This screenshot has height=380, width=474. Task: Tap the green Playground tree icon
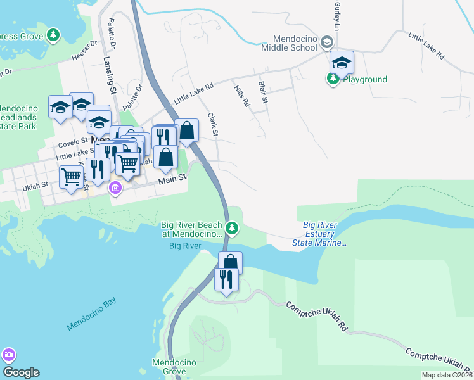[333, 79]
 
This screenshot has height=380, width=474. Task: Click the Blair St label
[263, 92]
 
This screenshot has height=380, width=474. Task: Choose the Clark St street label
[214, 125]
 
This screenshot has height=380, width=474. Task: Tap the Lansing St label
[108, 73]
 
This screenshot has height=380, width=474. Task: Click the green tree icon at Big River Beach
[233, 227]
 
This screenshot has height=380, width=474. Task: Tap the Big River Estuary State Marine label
[319, 234]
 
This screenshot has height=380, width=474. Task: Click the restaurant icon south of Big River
[226, 279]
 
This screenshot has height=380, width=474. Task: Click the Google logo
[21, 372]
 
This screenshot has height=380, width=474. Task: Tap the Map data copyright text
[447, 375]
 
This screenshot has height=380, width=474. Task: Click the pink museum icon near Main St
[115, 188]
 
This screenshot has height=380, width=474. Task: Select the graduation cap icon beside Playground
[342, 63]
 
